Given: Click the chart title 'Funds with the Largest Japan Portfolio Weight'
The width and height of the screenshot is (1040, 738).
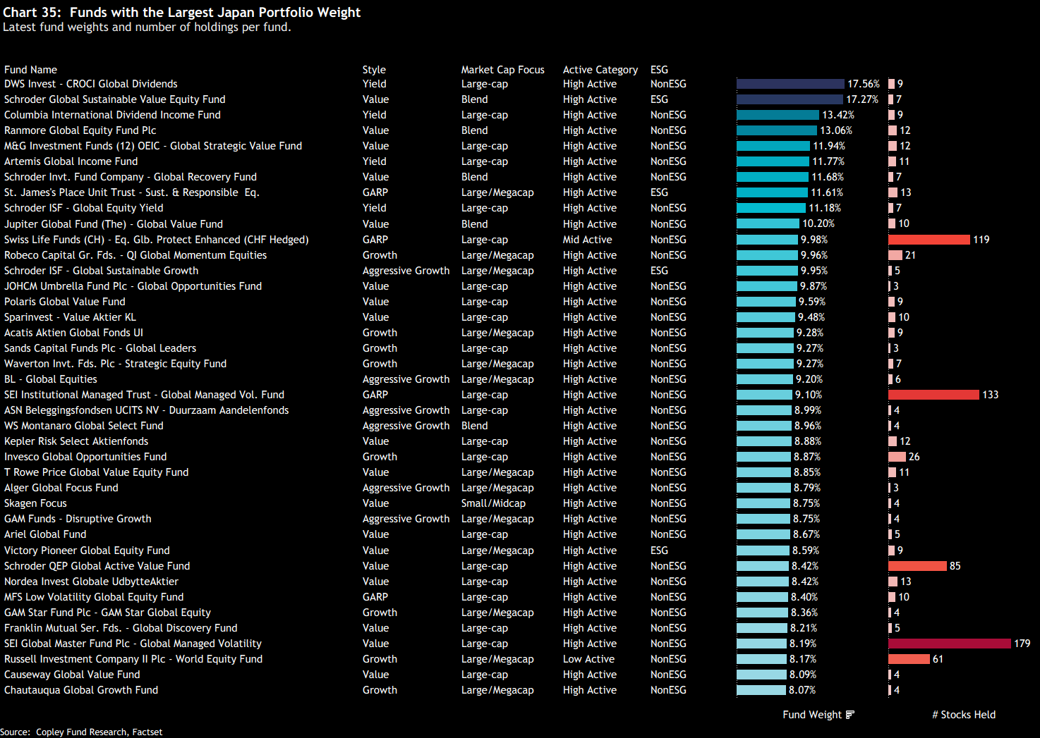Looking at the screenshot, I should (x=215, y=13).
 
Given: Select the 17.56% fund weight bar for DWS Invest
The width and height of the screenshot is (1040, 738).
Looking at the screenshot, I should (x=790, y=84).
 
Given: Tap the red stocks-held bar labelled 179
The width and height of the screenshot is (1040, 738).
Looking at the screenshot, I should (x=949, y=644).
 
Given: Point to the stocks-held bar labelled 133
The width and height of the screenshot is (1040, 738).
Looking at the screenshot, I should (x=933, y=395).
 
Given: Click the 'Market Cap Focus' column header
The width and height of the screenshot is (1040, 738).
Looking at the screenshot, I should (x=502, y=70).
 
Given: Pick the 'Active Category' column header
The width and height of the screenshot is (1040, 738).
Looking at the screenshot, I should (x=600, y=70).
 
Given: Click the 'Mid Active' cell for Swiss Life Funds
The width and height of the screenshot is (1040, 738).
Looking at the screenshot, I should (x=587, y=240).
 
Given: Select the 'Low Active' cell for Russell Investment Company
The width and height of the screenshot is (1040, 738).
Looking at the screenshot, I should (x=588, y=659).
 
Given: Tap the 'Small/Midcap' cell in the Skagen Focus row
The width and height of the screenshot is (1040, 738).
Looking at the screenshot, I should (x=493, y=503).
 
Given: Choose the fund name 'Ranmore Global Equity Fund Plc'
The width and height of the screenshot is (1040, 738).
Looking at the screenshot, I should (x=80, y=130).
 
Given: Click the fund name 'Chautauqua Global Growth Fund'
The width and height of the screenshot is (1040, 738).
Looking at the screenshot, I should (x=81, y=690).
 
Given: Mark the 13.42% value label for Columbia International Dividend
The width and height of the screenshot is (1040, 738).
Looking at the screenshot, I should (x=838, y=115).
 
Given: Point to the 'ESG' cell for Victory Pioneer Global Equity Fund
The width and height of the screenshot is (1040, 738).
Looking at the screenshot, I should (x=659, y=551).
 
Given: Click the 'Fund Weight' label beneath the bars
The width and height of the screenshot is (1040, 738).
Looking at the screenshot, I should (x=812, y=715).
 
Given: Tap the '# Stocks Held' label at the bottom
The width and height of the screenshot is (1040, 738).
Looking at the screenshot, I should (x=964, y=715).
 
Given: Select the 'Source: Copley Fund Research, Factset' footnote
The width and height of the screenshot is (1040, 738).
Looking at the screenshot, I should (x=81, y=732).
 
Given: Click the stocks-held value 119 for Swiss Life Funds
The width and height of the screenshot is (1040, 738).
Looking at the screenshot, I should (x=981, y=240).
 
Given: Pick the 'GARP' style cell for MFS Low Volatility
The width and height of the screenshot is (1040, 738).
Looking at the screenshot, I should (x=375, y=597).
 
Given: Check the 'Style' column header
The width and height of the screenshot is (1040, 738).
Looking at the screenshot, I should (x=374, y=70).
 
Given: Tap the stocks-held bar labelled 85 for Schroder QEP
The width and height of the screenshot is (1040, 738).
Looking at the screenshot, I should (x=917, y=566).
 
